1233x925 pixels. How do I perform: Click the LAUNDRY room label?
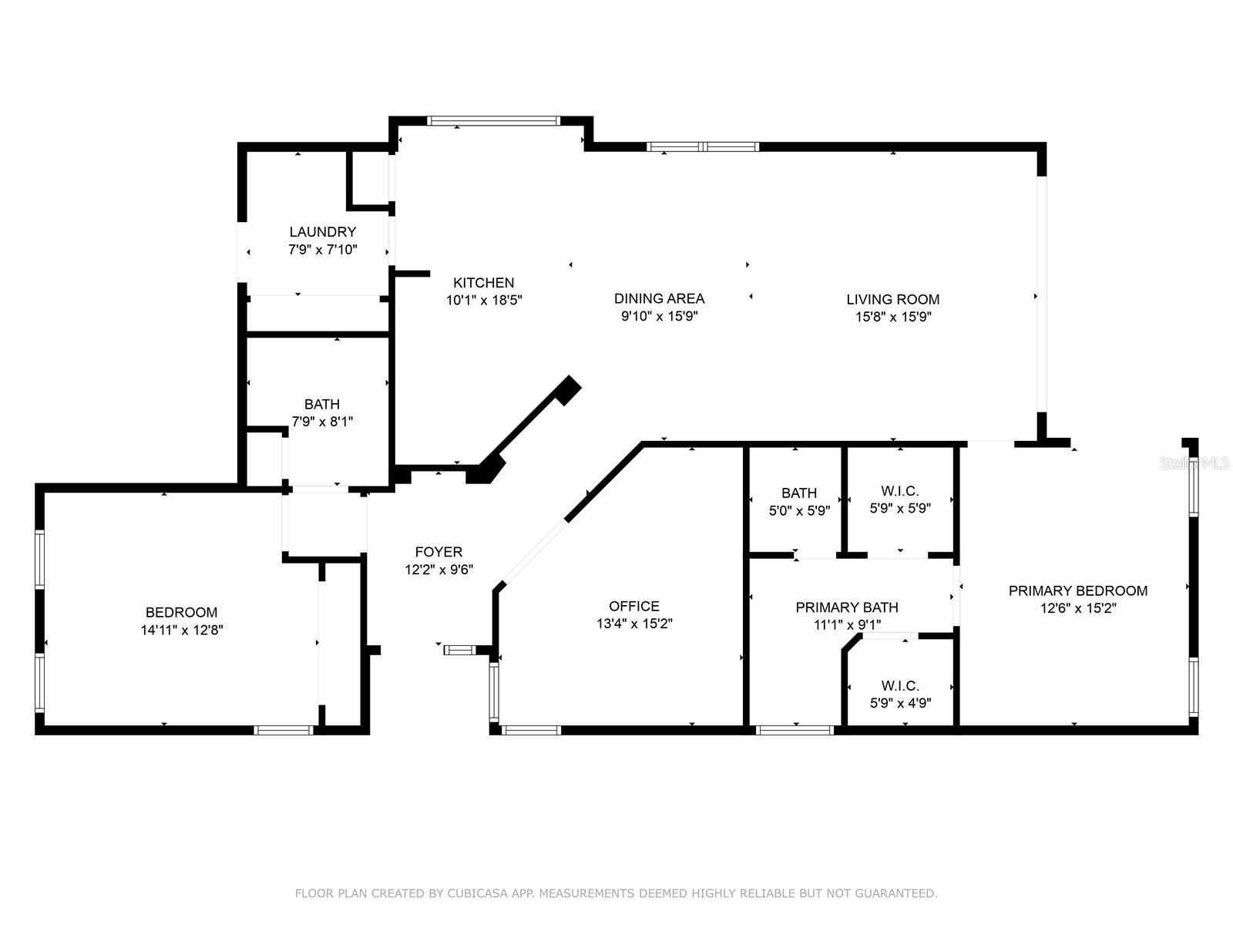[322, 232]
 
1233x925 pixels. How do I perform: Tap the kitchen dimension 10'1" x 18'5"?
[484, 301]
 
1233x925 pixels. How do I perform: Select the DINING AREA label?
[659, 298]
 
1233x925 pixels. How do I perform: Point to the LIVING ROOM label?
[892, 299]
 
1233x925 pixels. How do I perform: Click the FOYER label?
[438, 552]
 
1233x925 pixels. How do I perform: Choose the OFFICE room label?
[633, 607]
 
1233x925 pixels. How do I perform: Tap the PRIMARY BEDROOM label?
[1077, 590]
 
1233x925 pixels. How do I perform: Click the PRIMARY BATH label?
[846, 607]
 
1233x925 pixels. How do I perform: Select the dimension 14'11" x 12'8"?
[182, 630]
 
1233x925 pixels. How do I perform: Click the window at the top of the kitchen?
[492, 121]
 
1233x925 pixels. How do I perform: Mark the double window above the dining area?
[702, 146]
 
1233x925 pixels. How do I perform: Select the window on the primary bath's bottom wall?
[795, 730]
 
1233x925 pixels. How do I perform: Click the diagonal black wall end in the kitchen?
[568, 389]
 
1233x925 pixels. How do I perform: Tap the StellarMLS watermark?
[1195, 462]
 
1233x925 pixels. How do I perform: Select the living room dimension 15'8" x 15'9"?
[892, 317]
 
